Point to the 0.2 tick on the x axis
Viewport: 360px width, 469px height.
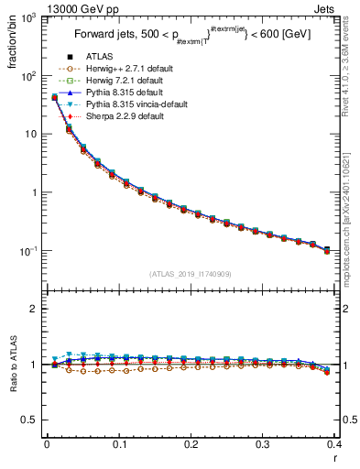click(x=191, y=447)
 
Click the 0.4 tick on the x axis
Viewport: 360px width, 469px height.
click(x=334, y=447)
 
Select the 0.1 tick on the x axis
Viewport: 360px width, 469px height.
click(x=118, y=447)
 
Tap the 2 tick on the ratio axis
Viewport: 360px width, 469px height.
click(x=35, y=309)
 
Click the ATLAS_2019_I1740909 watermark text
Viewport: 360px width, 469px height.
click(x=191, y=273)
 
